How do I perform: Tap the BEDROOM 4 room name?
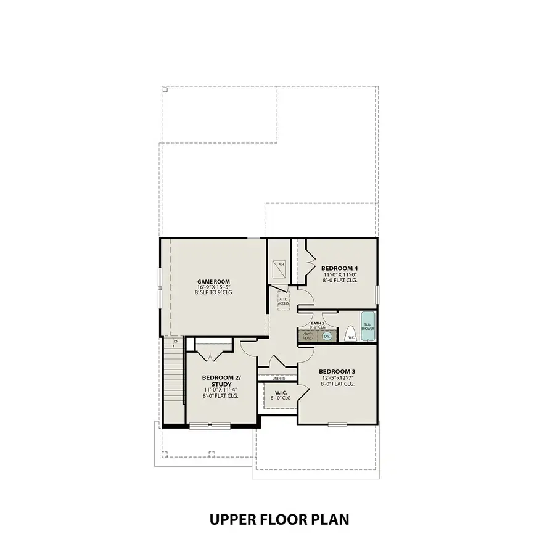coord(339,268)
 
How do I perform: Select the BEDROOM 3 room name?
coord(337,371)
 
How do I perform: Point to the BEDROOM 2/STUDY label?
coord(221,380)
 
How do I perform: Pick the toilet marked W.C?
coord(350,334)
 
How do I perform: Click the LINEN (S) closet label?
coord(279,378)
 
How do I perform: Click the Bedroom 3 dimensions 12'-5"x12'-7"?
coord(337,377)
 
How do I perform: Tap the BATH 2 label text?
coord(317,323)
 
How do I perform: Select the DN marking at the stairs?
coord(176,341)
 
